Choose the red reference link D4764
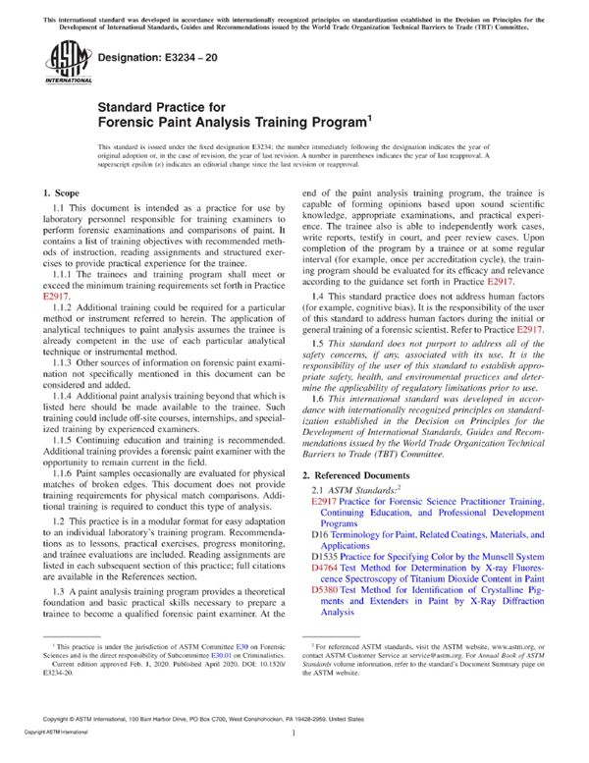click(324, 568)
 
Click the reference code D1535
click(324, 557)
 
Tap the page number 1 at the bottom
click(294, 758)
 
